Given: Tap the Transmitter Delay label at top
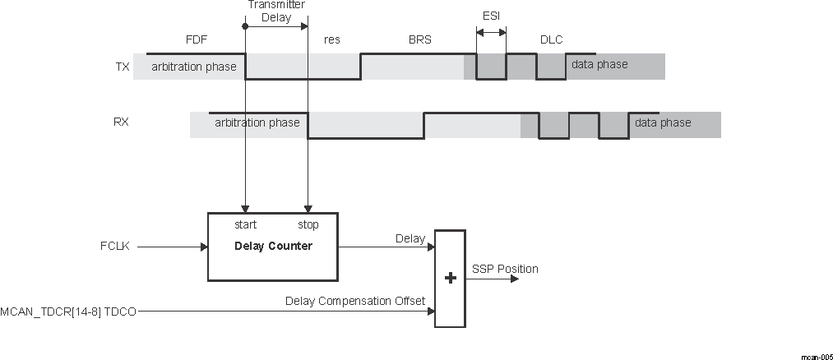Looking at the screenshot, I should tap(275, 10).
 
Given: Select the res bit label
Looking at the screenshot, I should tap(332, 39).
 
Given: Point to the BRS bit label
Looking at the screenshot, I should tap(419, 39).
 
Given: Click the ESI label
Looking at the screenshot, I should tap(491, 15).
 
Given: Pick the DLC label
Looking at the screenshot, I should tap(551, 39).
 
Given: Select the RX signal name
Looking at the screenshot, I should tap(121, 122).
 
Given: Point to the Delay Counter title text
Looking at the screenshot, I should tap(273, 246).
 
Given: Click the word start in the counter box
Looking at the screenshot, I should tap(245, 224).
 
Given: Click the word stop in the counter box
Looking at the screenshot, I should tap(308, 224).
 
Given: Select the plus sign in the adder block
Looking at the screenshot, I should tap(450, 279).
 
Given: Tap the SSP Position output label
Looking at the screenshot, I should tap(505, 269).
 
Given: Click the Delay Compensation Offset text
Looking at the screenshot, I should tap(355, 301).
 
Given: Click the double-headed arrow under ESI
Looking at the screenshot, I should tap(491, 33).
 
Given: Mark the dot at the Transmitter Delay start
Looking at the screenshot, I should tap(245, 26).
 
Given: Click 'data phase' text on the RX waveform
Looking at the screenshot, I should tap(663, 122).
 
